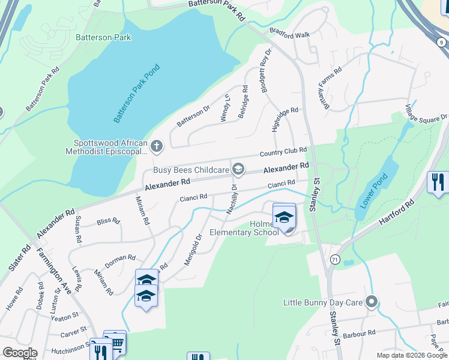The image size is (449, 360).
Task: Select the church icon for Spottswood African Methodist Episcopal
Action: pos(156,146)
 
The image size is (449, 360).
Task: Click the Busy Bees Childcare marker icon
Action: pos(238,170)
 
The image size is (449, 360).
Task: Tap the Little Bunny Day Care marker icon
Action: pos(372,302)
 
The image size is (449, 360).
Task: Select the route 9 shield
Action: pos(441,42)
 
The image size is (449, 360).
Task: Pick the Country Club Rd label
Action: pos(283,151)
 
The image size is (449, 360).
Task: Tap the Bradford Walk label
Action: pos(289,35)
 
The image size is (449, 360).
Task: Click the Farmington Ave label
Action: pos(55,271)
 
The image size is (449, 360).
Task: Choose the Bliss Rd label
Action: pos(108,221)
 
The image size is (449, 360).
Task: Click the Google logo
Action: pos(20,353)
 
